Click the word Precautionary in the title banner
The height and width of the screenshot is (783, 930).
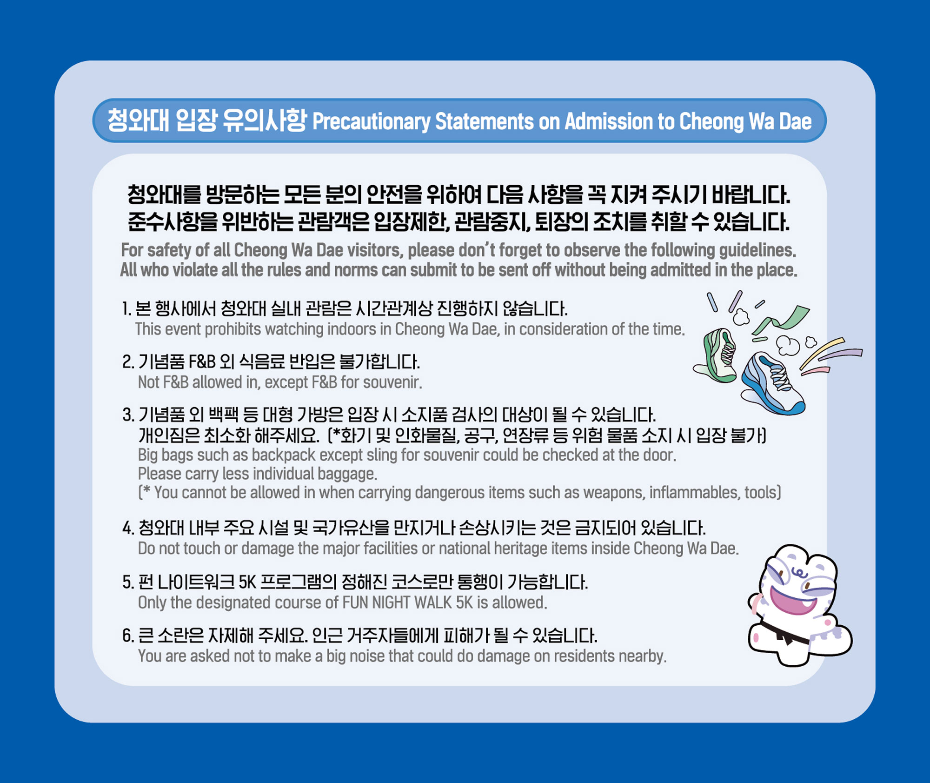(x=371, y=122)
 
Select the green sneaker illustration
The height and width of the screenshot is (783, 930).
(x=716, y=355)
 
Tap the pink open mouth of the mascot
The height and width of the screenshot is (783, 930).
(x=793, y=602)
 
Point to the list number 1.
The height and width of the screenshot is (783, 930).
(x=126, y=309)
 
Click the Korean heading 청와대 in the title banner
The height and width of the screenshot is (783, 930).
(x=138, y=120)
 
